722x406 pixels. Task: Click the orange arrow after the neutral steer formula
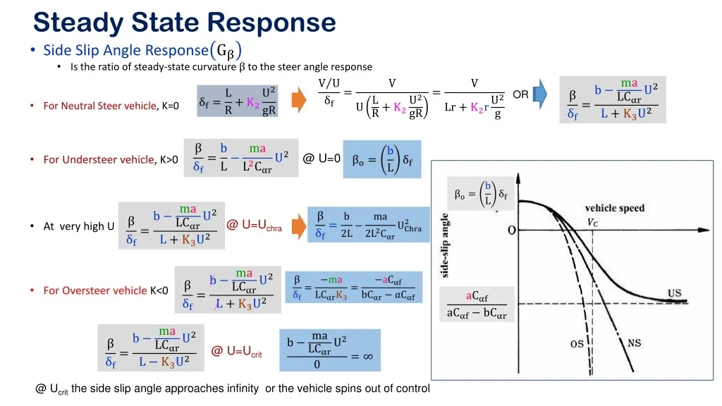[x=299, y=100]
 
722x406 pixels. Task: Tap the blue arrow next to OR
[x=540, y=94]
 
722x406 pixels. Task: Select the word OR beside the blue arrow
[x=521, y=94]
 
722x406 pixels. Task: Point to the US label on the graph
[x=675, y=293]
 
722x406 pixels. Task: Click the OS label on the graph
[x=577, y=344]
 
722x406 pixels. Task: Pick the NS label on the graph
[x=634, y=343]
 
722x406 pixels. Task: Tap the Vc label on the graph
[x=592, y=223]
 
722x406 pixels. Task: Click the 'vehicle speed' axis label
[x=615, y=208]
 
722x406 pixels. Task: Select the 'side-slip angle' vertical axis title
[x=445, y=245]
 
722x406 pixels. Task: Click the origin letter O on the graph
[x=512, y=230]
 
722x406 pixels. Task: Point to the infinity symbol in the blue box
[x=368, y=356]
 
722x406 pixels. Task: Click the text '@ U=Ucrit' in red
[x=237, y=352]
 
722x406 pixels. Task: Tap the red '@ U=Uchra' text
[x=254, y=226]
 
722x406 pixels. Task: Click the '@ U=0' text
[x=322, y=159]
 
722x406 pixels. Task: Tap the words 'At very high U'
[x=79, y=226]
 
